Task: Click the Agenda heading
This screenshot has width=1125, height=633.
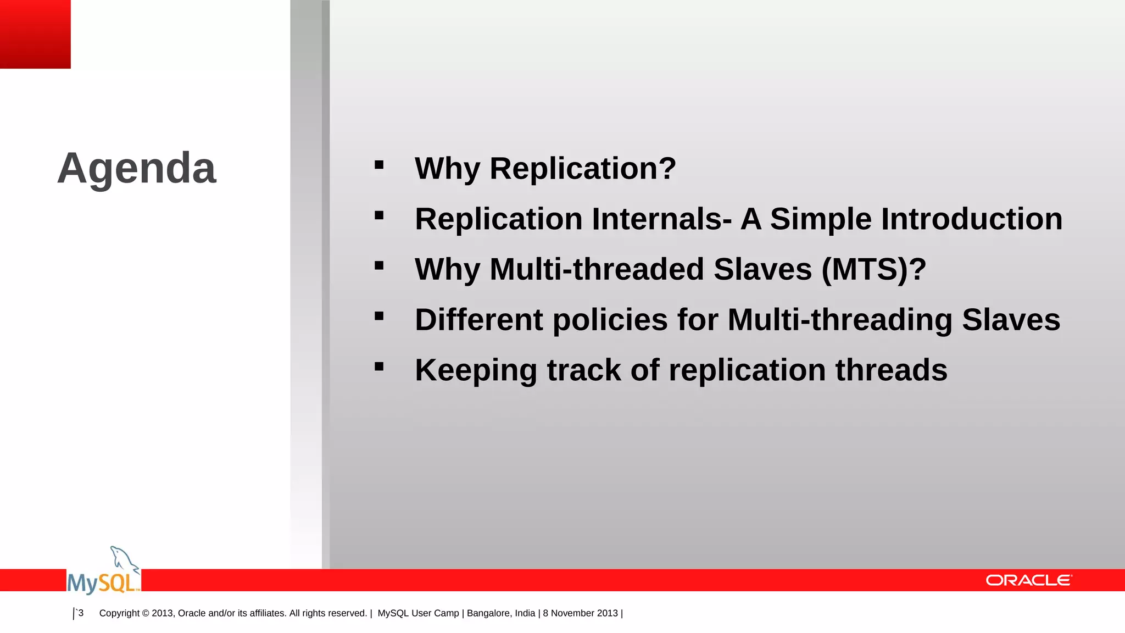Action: (137, 168)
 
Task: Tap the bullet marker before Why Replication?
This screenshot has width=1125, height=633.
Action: (379, 165)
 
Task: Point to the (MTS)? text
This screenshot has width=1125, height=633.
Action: (874, 269)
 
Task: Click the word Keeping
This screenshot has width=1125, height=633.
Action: (476, 370)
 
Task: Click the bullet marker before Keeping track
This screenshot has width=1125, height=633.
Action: (379, 367)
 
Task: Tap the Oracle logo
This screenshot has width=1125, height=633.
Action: (1028, 580)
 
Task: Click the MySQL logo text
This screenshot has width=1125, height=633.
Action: (103, 582)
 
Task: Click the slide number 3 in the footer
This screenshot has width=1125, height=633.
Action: (81, 613)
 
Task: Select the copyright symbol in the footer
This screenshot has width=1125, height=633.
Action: (146, 613)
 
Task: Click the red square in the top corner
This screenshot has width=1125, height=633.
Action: (35, 34)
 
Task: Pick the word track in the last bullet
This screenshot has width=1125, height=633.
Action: (583, 370)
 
